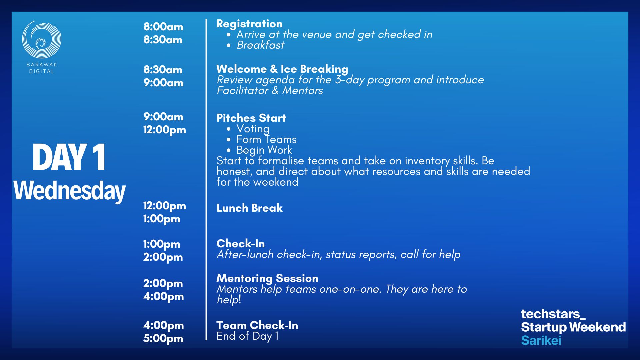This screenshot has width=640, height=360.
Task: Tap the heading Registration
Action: point(249,24)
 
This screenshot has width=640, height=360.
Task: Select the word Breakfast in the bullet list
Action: point(260,45)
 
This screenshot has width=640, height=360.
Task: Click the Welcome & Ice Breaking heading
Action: point(282,69)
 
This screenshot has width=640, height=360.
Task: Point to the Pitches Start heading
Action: point(251,118)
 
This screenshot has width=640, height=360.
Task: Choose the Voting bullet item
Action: point(253,129)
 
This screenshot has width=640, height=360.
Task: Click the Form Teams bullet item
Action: point(266,139)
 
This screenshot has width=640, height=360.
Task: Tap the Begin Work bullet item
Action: point(264,150)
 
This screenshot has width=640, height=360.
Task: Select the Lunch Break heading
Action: point(249,208)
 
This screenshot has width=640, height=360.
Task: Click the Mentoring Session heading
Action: point(267,278)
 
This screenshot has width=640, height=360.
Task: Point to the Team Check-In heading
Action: point(257,325)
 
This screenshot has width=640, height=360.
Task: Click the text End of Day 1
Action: point(247,336)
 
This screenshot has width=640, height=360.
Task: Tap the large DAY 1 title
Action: point(69,157)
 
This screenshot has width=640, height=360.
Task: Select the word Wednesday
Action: point(69,191)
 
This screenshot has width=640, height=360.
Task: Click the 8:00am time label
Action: point(163,27)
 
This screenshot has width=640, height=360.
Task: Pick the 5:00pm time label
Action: point(163,338)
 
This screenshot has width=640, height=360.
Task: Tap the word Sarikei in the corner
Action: point(541,340)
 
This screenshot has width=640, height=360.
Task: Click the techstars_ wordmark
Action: point(553,314)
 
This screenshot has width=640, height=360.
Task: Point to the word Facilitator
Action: point(243,90)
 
